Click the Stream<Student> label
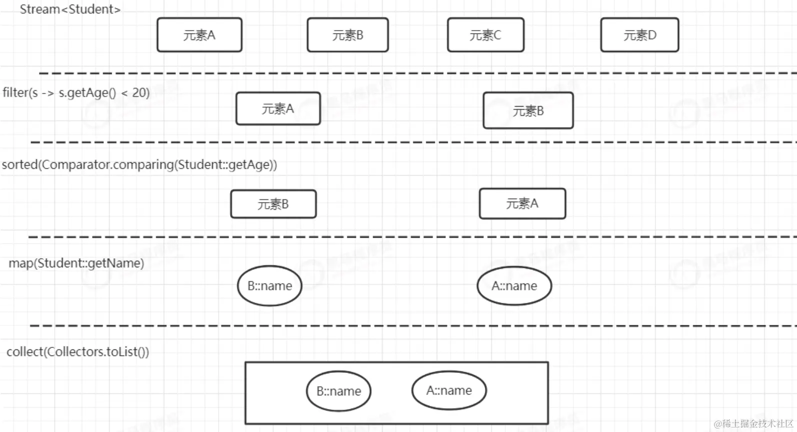point(70,10)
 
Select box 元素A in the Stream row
point(199,35)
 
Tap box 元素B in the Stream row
point(348,35)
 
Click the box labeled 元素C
point(485,35)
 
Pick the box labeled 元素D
point(639,35)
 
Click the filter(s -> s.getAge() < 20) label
point(76,93)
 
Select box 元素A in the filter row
point(278,109)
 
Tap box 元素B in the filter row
point(528,111)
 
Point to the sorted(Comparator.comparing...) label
point(139,165)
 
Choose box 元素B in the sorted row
point(273,204)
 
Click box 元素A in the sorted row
point(522,204)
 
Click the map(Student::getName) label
point(76,263)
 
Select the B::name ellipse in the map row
point(270,286)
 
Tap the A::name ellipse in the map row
point(514,286)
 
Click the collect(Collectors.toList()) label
point(78,352)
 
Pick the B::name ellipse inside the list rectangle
point(339,391)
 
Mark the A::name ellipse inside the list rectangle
point(449,390)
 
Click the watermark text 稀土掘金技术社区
point(756,423)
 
